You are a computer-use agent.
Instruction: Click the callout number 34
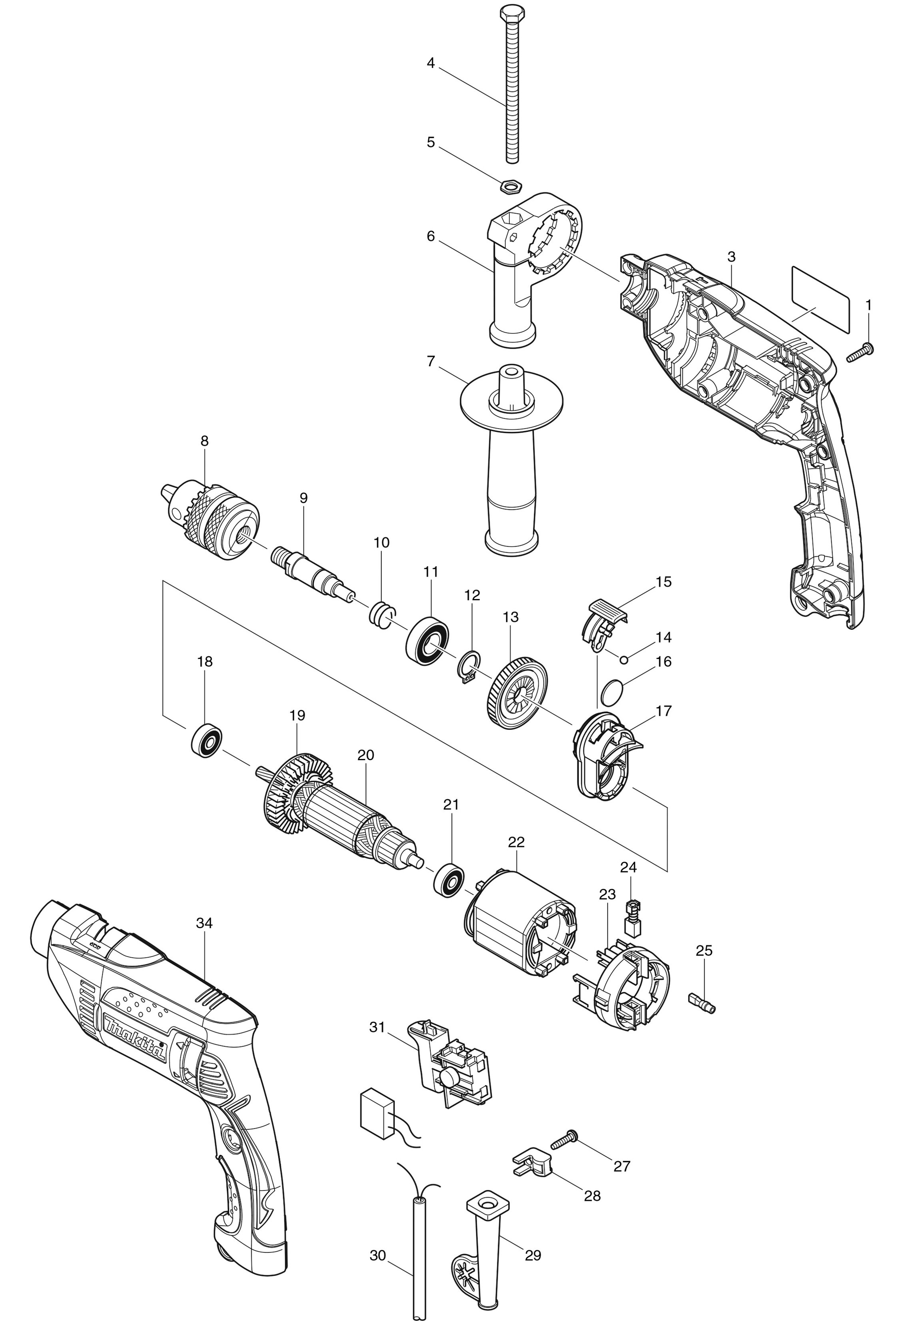204,923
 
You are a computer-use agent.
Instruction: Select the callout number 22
516,841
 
